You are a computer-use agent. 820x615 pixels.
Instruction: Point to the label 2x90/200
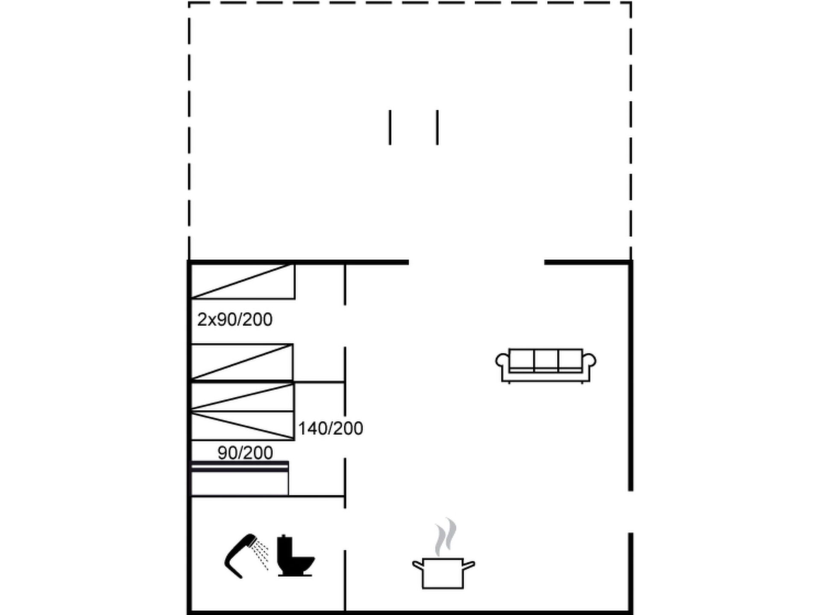pyautogui.click(x=234, y=320)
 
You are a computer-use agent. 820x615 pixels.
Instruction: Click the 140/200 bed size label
pyautogui.click(x=331, y=428)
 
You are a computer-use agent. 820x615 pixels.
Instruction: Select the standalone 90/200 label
pyautogui.click(x=245, y=453)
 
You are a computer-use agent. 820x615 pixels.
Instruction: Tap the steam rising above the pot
pyautogui.click(x=445, y=537)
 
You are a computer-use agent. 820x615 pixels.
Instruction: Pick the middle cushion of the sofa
pyautogui.click(x=546, y=359)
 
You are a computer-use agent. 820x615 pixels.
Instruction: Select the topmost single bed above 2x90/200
pyautogui.click(x=243, y=281)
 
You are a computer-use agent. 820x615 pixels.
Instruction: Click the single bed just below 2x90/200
pyautogui.click(x=242, y=362)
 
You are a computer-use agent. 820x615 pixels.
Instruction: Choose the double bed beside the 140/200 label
pyautogui.click(x=243, y=411)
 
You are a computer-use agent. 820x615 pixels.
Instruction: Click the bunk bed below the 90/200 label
pyautogui.click(x=240, y=478)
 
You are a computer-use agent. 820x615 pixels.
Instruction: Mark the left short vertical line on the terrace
pyautogui.click(x=390, y=127)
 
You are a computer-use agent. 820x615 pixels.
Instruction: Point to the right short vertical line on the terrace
pyautogui.click(x=437, y=127)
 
